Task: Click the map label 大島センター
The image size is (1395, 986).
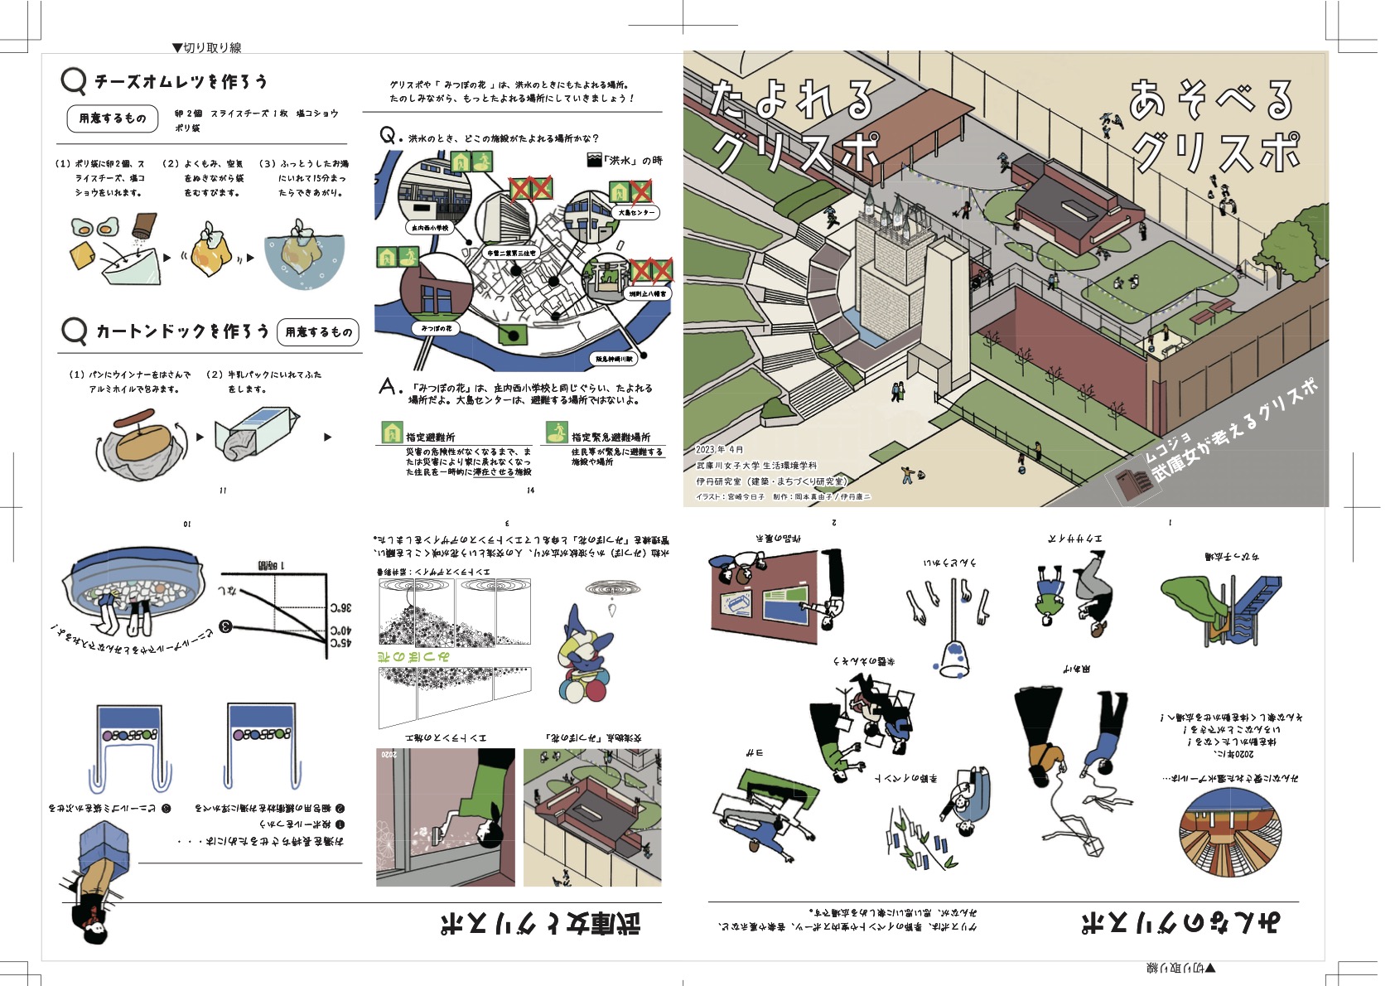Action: click(x=636, y=213)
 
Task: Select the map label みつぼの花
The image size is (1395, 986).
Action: click(x=437, y=328)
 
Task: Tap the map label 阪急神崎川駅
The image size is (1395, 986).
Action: click(x=614, y=359)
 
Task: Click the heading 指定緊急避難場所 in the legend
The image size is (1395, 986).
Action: click(x=611, y=437)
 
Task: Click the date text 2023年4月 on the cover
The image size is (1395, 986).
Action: click(x=719, y=450)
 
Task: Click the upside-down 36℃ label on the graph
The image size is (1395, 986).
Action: click(x=341, y=607)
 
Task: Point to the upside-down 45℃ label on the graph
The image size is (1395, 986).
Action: click(x=341, y=642)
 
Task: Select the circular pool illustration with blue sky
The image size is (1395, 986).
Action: click(x=1228, y=833)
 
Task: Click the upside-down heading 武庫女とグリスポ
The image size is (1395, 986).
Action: click(x=539, y=922)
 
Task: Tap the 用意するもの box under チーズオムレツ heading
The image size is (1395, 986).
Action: click(x=113, y=118)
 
